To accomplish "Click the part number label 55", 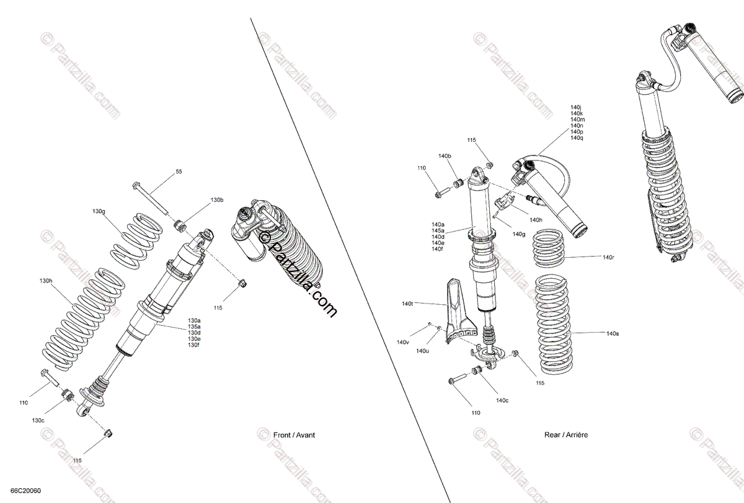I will [x=179, y=172].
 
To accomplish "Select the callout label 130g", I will [x=99, y=212].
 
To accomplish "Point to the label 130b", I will [x=216, y=200].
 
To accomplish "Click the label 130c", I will [x=38, y=420].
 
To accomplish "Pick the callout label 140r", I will [x=608, y=256].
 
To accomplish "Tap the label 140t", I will [x=407, y=304].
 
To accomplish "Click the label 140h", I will [x=536, y=220].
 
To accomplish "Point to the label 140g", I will [x=519, y=234].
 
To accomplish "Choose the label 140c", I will [x=502, y=400].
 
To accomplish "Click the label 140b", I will [x=445, y=155].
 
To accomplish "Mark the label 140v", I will [x=403, y=342].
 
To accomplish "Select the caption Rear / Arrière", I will [x=566, y=435].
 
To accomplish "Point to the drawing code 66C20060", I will [x=25, y=491].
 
